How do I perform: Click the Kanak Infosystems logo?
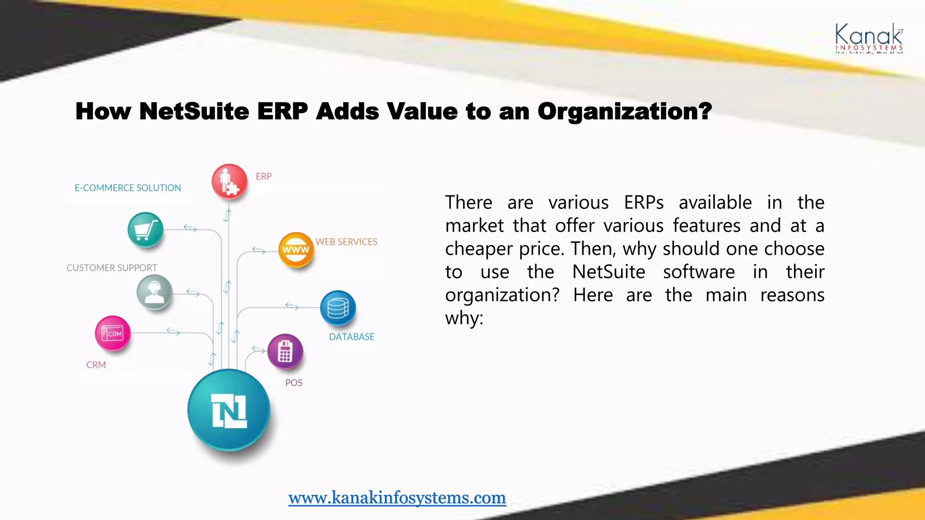pos(869,39)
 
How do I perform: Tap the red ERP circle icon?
pos(229,181)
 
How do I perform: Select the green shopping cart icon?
pos(145,230)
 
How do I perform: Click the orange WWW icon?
pos(296,250)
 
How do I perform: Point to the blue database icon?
pos(338,308)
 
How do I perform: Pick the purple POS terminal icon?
pos(285,351)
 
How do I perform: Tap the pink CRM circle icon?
pos(112,334)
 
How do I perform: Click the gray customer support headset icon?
pos(154,292)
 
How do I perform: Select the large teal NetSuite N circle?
pos(229,410)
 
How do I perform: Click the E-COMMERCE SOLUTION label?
pos(128,188)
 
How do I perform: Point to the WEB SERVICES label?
pos(346,242)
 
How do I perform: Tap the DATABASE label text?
pos(352,337)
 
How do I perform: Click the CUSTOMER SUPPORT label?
pos(112,268)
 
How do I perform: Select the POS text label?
pos(294,383)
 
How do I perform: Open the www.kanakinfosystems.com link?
pos(397,497)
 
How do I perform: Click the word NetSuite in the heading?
pos(194,111)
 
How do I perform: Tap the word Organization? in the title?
pos(624,111)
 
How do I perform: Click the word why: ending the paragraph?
pos(464,318)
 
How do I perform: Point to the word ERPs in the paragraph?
pos(644,203)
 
